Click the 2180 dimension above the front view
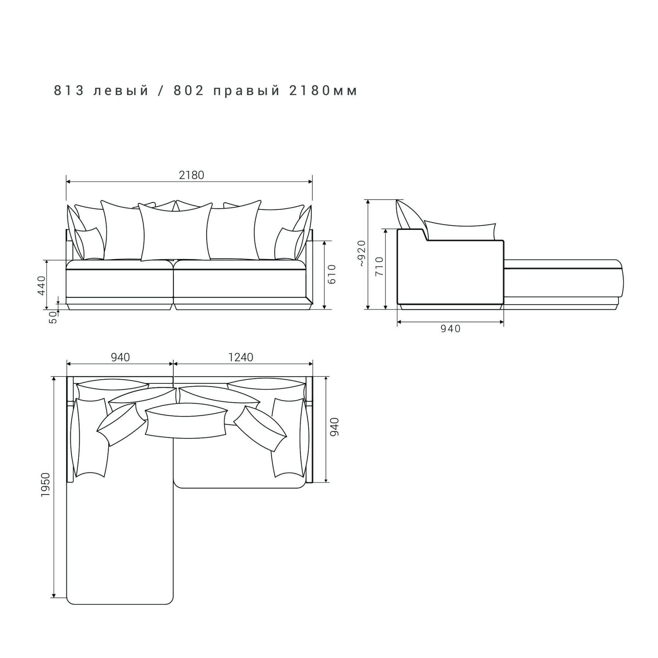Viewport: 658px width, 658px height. click(192, 175)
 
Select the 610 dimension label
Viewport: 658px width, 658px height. click(332, 274)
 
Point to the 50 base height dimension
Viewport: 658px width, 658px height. click(53, 317)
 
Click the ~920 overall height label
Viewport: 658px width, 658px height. click(362, 253)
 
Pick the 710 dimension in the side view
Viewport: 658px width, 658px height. click(379, 266)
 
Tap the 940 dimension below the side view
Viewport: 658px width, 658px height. click(451, 329)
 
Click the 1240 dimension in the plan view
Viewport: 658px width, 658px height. click(241, 357)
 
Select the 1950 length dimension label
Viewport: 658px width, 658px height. click(45, 485)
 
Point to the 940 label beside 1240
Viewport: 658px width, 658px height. click(120, 357)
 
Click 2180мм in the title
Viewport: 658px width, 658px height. click(323, 91)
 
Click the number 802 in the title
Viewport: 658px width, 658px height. click(189, 91)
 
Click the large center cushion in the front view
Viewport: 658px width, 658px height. click(176, 232)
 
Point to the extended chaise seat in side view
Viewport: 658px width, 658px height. click(563, 278)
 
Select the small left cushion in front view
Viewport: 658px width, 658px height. click(89, 244)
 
